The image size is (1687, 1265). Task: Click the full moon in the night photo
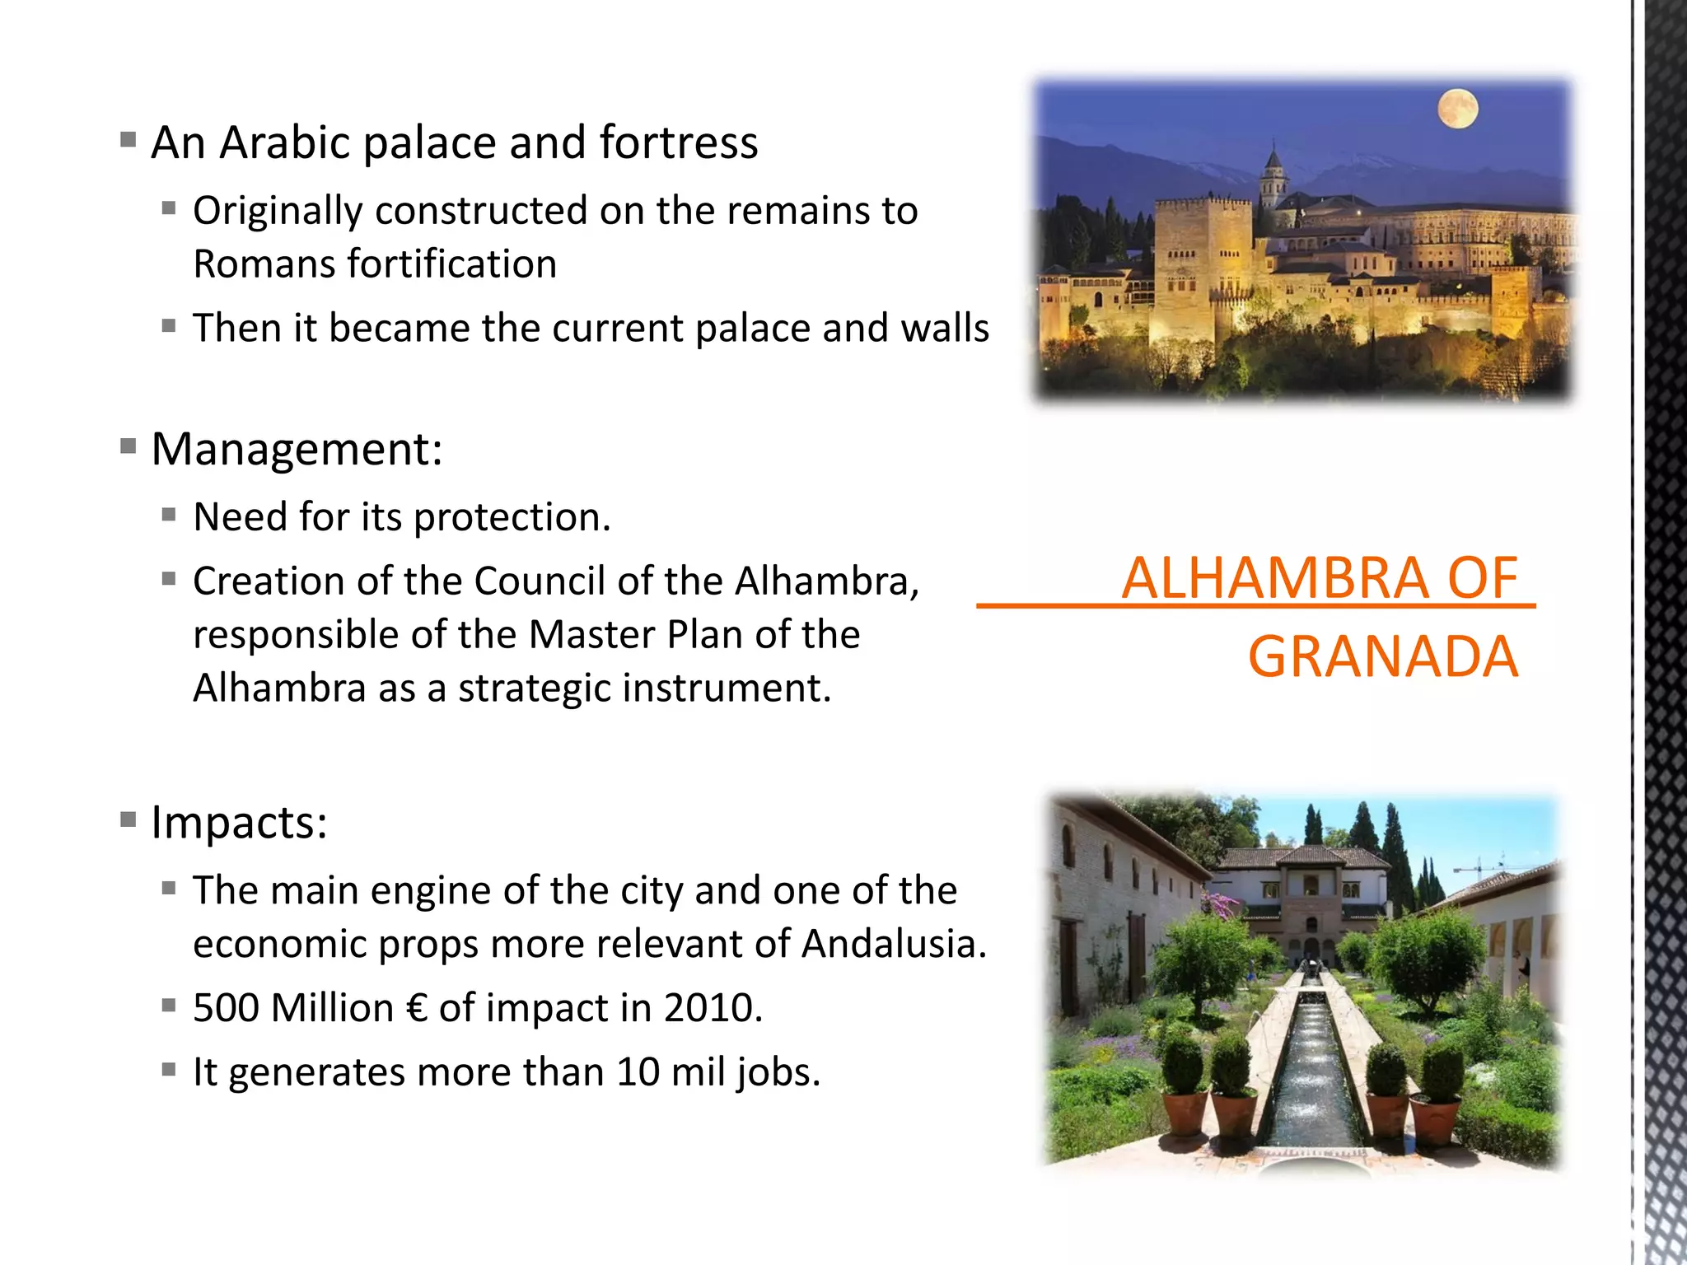click(x=1457, y=109)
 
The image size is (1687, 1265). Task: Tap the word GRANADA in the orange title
click(x=1382, y=657)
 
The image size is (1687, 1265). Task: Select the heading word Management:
click(x=297, y=450)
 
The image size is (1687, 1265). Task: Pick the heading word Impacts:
click(x=239, y=822)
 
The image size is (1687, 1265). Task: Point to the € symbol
click(x=417, y=1008)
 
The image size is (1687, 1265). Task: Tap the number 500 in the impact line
click(x=226, y=1008)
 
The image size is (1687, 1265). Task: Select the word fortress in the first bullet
click(x=678, y=142)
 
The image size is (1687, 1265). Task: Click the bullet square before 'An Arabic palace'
click(x=128, y=139)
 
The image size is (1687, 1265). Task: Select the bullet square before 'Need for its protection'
click(x=169, y=516)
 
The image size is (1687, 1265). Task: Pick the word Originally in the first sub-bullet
click(x=278, y=212)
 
